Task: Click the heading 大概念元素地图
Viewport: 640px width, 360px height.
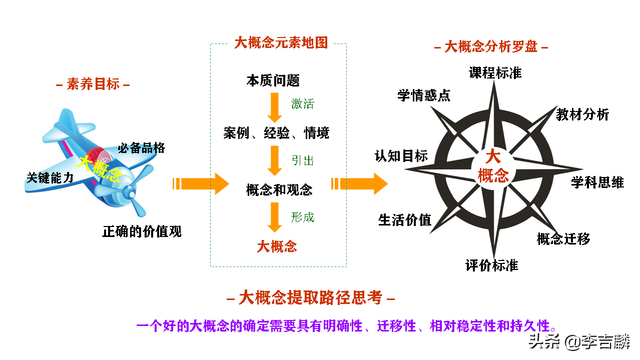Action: pos(281,43)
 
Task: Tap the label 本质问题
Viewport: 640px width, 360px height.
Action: pos(273,80)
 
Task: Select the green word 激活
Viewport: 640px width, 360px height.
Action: pos(303,104)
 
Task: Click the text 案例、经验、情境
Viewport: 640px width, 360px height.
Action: pos(276,133)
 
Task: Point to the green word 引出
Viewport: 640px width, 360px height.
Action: pos(303,160)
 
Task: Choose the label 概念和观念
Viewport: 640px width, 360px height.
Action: pos(279,190)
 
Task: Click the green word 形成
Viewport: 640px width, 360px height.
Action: pos(303,217)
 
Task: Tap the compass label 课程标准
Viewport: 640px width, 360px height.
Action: pos(495,73)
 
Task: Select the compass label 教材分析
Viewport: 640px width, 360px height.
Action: pos(582,114)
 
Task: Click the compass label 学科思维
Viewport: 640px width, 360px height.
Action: pos(597,182)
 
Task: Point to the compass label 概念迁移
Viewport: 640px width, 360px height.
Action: pos(563,239)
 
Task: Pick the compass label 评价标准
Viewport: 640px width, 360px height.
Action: pos(491,265)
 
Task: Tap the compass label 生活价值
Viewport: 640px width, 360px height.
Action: pos(404,220)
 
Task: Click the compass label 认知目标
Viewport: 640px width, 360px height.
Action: pos(401,156)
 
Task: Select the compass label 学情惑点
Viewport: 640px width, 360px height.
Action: pos(424,95)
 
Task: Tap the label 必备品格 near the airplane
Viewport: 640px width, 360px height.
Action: pos(141,148)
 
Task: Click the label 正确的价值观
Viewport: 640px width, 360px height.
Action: pos(142,231)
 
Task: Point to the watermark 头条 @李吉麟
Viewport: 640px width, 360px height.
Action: pos(580,342)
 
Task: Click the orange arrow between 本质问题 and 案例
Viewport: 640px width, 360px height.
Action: pos(274,106)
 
